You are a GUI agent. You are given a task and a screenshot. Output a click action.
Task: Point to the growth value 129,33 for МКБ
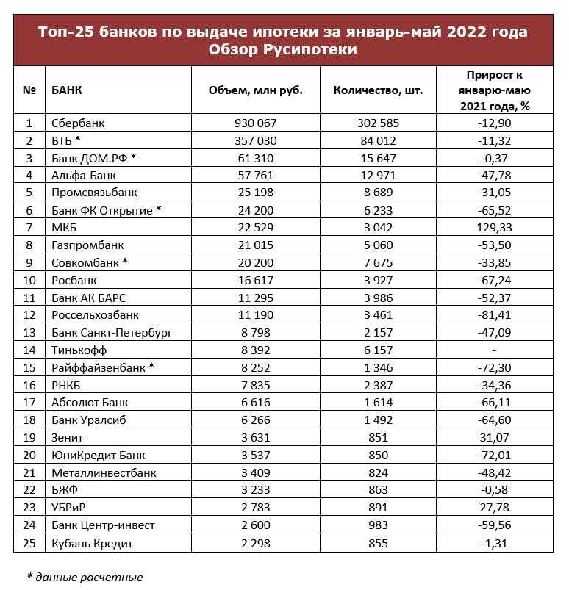pyautogui.click(x=493, y=228)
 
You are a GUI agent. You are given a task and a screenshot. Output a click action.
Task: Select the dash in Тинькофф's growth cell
pyautogui.click(x=493, y=350)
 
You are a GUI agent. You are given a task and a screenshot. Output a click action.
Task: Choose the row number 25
pyautogui.click(x=29, y=544)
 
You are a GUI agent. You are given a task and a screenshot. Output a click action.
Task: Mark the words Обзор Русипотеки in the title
pyautogui.click(x=283, y=49)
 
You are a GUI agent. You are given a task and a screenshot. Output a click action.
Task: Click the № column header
pyautogui.click(x=29, y=90)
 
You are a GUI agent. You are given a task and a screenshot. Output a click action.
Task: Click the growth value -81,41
pyautogui.click(x=493, y=315)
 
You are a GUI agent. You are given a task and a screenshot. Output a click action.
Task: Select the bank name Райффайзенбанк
pyautogui.click(x=99, y=368)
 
